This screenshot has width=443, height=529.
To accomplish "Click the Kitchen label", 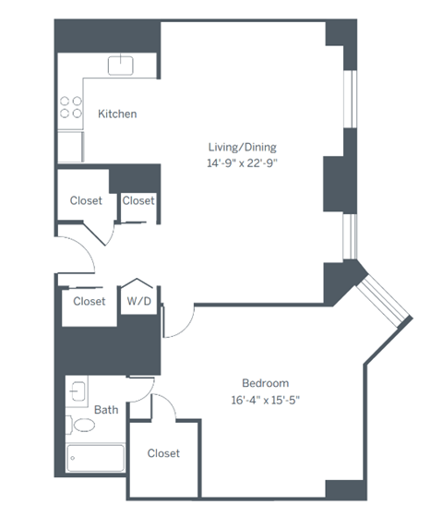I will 117,114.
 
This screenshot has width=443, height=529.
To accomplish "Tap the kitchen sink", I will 121,65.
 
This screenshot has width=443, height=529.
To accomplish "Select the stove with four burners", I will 70,108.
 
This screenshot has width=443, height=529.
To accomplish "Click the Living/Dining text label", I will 241,147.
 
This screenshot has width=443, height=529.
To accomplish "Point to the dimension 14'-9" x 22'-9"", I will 241,162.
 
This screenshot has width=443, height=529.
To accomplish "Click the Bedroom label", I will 265,383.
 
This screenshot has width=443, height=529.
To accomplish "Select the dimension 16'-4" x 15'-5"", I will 265,400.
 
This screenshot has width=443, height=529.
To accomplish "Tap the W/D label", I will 138,301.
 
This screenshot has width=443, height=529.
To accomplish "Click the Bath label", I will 105,409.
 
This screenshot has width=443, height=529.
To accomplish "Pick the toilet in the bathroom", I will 83,426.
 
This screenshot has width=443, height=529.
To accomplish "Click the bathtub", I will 94,458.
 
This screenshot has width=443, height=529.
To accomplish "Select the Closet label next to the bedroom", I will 163,453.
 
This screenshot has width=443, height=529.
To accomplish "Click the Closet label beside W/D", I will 89,301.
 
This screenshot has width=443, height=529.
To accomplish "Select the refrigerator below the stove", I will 70,147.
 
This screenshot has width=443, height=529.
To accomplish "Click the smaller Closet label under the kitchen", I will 138,200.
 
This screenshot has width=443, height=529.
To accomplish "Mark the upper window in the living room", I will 350,97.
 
